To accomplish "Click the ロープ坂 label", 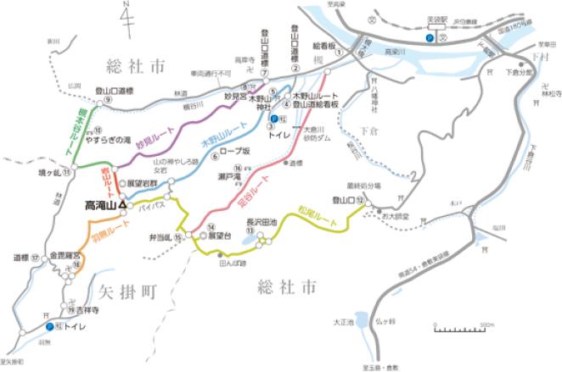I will pyautogui.click(x=234, y=155).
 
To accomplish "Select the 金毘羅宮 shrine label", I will pyautogui.click(x=66, y=253).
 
